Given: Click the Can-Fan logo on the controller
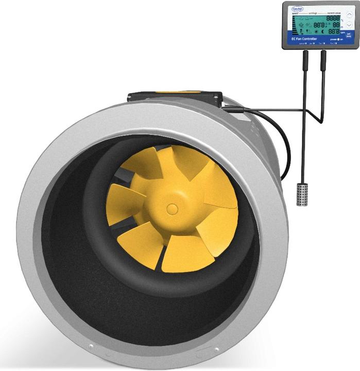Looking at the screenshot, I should click(x=297, y=9).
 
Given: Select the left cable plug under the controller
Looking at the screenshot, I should click(x=305, y=58).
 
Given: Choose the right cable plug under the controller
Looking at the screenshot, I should click(x=323, y=58).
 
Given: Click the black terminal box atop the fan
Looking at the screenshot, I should click(x=175, y=97).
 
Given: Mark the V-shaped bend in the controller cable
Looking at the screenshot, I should click(x=322, y=121).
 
